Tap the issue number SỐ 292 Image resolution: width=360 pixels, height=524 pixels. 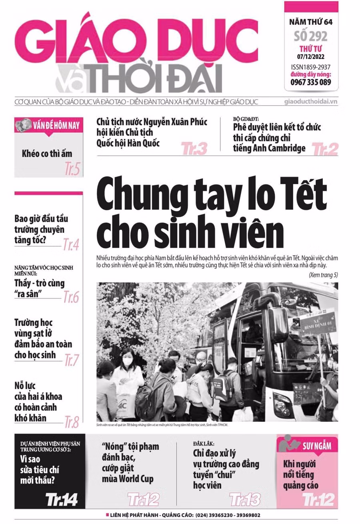311,36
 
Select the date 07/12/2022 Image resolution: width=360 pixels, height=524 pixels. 311,56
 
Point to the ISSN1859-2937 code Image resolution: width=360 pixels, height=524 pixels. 311,67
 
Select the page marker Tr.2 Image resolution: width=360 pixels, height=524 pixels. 325,149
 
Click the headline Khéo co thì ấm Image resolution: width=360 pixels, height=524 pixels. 47,154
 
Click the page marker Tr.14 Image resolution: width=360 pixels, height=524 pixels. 61,499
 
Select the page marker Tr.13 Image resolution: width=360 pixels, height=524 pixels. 245,499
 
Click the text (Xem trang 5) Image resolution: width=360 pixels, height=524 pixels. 323,275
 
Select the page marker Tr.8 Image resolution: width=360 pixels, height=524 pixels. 72,422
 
